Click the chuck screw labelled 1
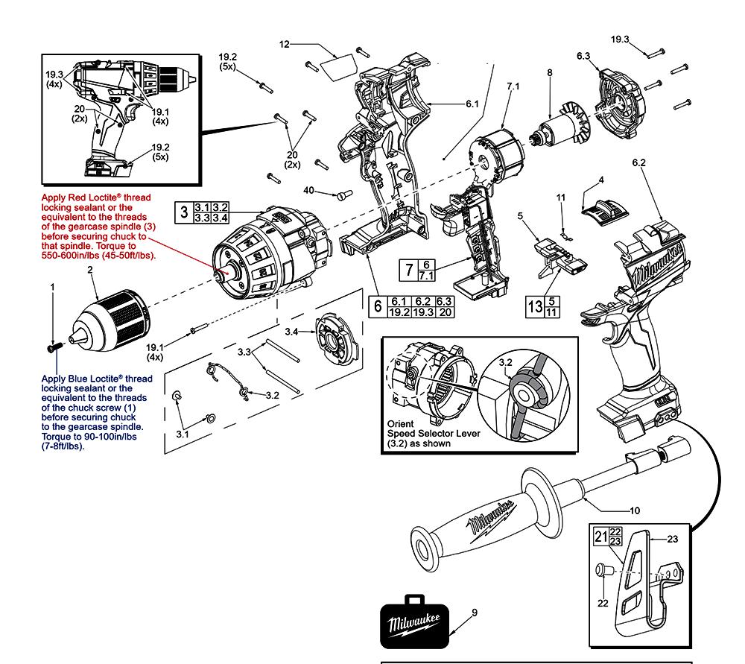tap(53, 347)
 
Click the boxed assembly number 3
tap(183, 211)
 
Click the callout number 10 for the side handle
tap(635, 510)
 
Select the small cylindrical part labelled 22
tap(603, 572)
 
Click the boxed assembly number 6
tap(377, 306)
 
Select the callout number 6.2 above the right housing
tap(638, 162)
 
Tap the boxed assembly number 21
tap(601, 536)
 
